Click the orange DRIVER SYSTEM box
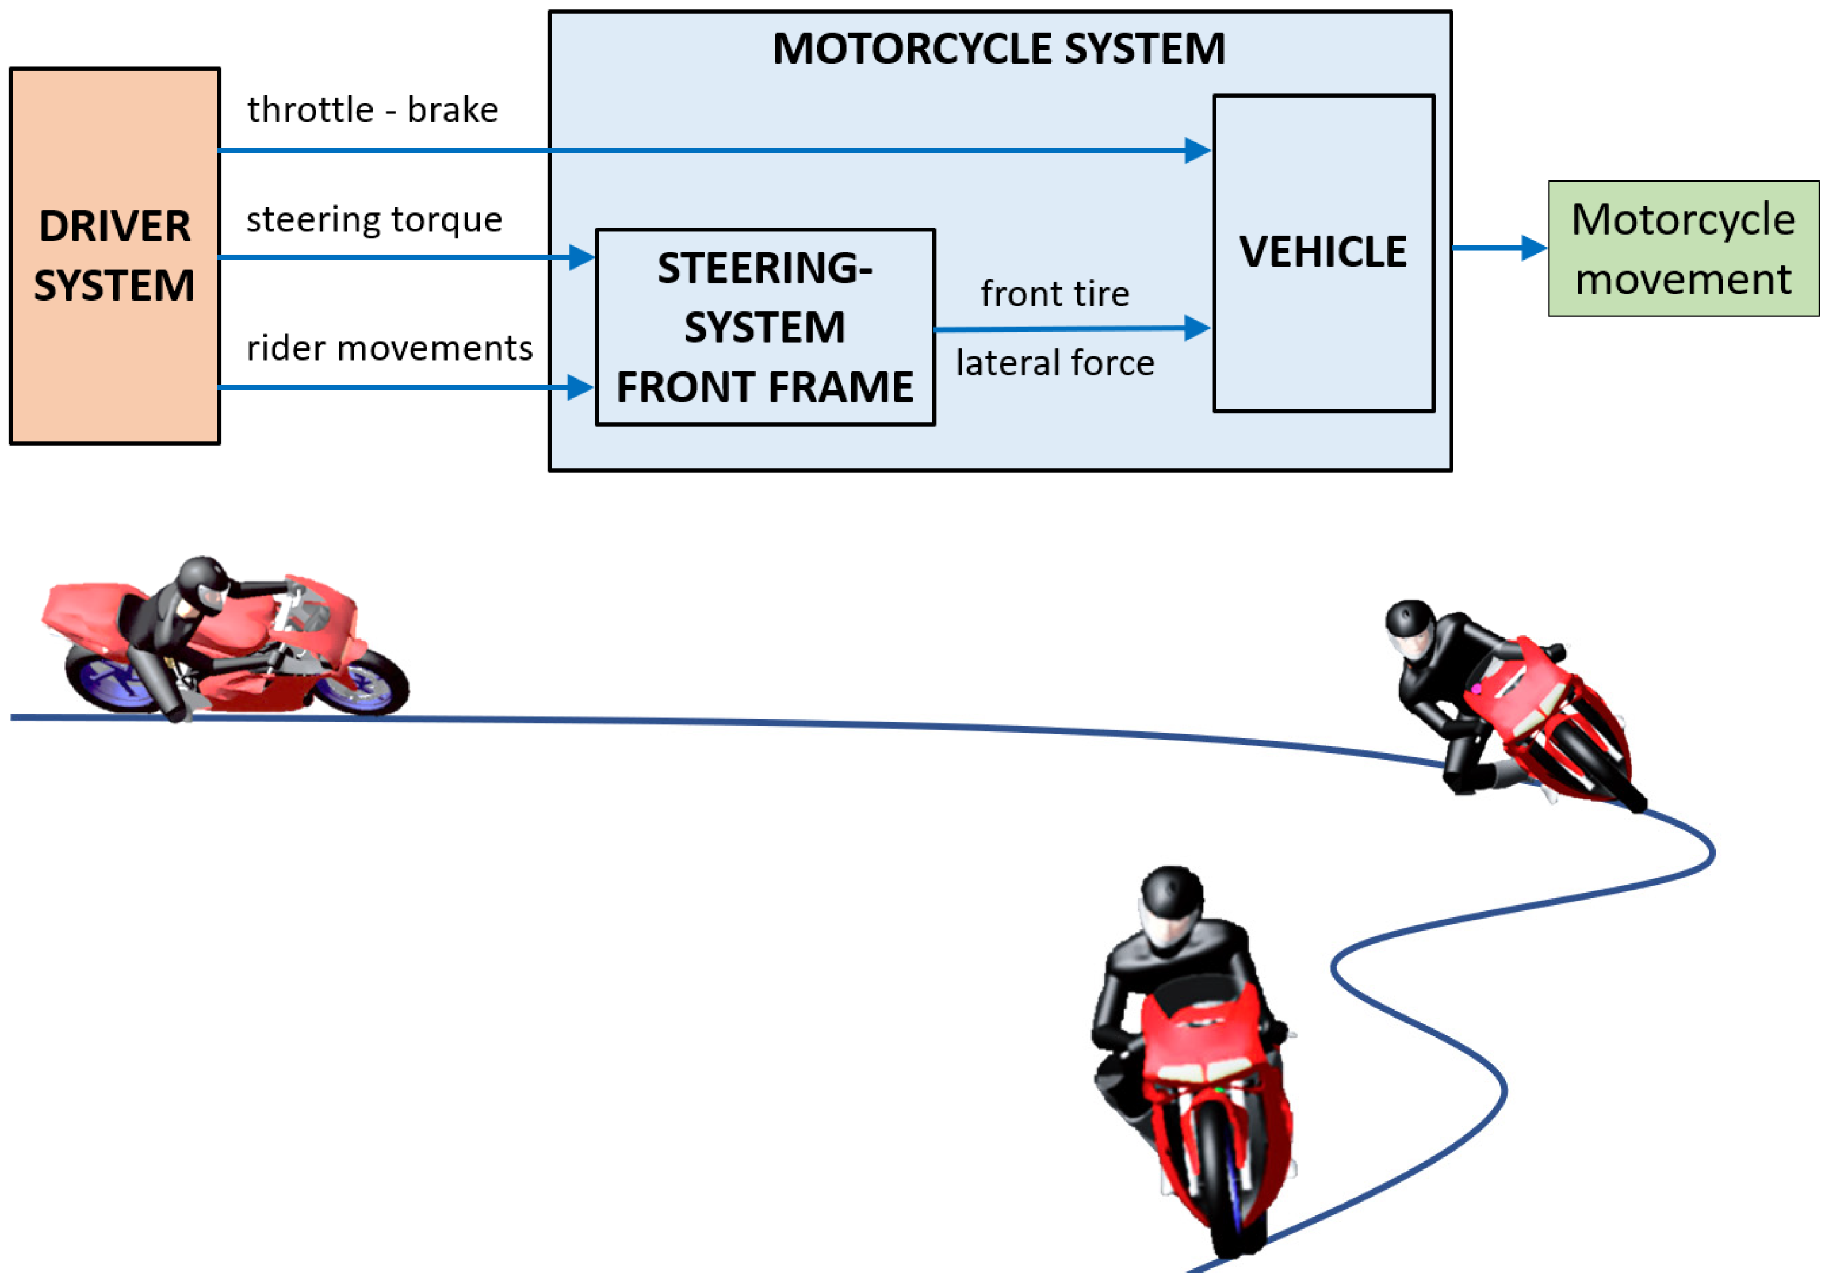(x=114, y=255)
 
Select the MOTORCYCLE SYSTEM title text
(x=998, y=49)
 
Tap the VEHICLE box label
(x=1322, y=252)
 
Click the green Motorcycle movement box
(x=1683, y=249)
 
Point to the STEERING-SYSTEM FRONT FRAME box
(x=764, y=327)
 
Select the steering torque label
(x=374, y=219)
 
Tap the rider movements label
(x=389, y=349)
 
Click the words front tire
(x=1054, y=294)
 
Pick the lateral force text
(x=1054, y=363)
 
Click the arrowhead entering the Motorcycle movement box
(x=1533, y=248)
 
